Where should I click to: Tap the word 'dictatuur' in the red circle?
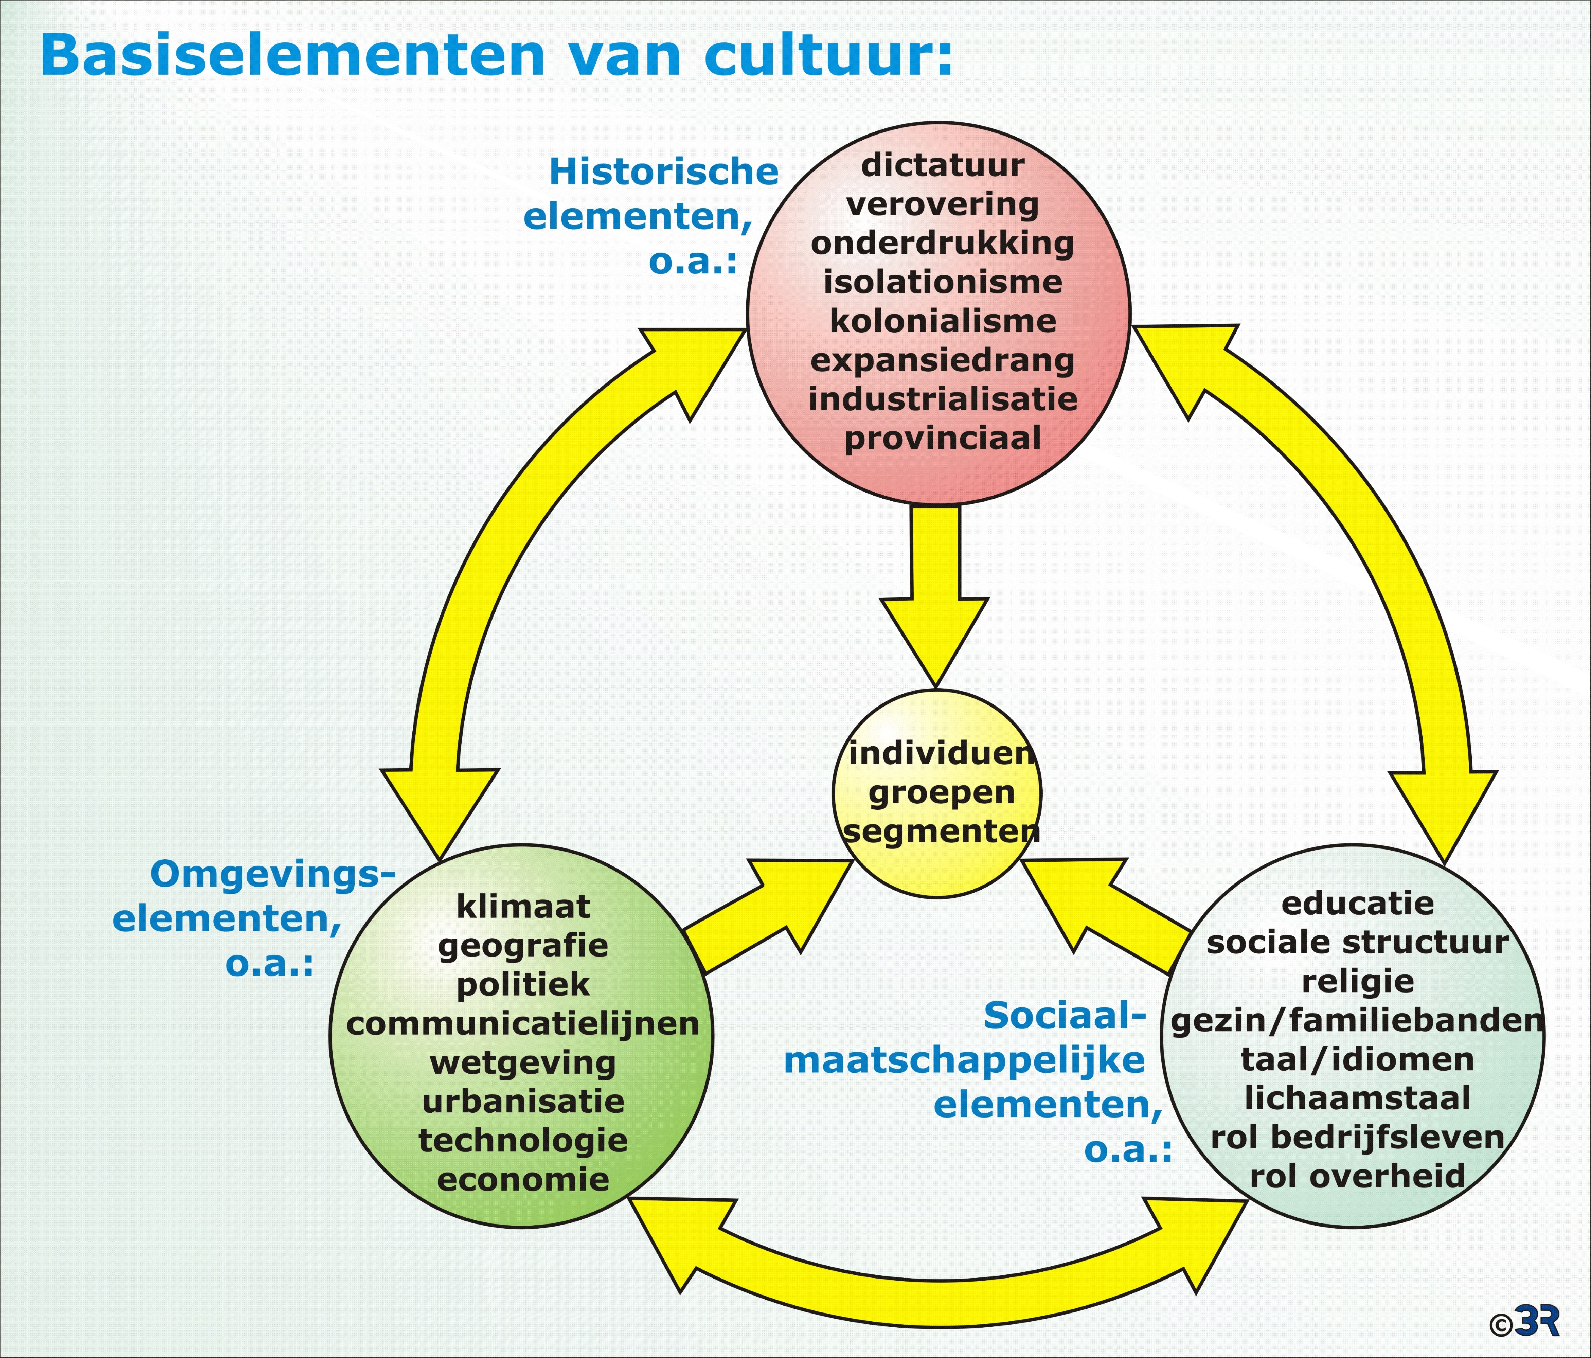pos(943,165)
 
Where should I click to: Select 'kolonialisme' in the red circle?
pos(943,321)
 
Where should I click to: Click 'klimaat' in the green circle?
pos(523,907)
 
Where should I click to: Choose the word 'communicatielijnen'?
pos(523,1024)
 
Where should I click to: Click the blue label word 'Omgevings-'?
pos(273,875)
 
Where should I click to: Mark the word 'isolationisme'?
pos(943,282)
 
